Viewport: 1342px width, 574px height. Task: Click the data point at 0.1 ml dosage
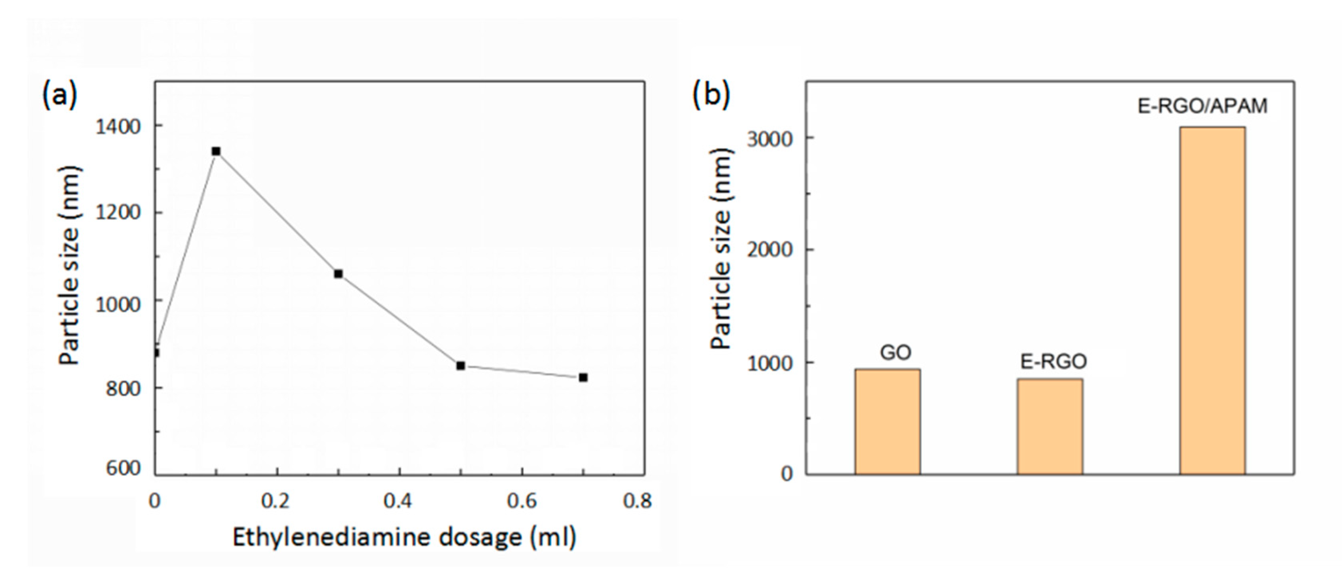click(216, 151)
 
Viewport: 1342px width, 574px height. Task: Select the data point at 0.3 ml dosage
click(338, 274)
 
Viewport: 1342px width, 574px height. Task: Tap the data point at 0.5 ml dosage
click(460, 366)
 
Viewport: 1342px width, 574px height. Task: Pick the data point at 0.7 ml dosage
click(583, 377)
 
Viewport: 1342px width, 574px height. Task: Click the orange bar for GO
click(887, 421)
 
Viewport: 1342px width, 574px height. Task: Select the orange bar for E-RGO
click(1050, 426)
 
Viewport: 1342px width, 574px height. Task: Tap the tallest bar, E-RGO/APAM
click(1212, 300)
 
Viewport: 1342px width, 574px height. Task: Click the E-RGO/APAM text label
click(1202, 106)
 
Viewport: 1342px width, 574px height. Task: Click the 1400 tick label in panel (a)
click(118, 126)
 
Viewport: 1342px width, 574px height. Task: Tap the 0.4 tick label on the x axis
click(398, 501)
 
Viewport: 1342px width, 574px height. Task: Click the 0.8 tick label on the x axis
click(637, 501)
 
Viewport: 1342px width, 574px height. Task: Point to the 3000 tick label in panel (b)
click(769, 139)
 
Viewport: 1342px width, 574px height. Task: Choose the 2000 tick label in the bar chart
click(769, 250)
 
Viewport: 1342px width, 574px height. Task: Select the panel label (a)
click(59, 96)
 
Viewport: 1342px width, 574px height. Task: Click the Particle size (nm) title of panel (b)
click(722, 249)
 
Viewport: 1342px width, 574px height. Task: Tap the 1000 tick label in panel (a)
click(118, 304)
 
